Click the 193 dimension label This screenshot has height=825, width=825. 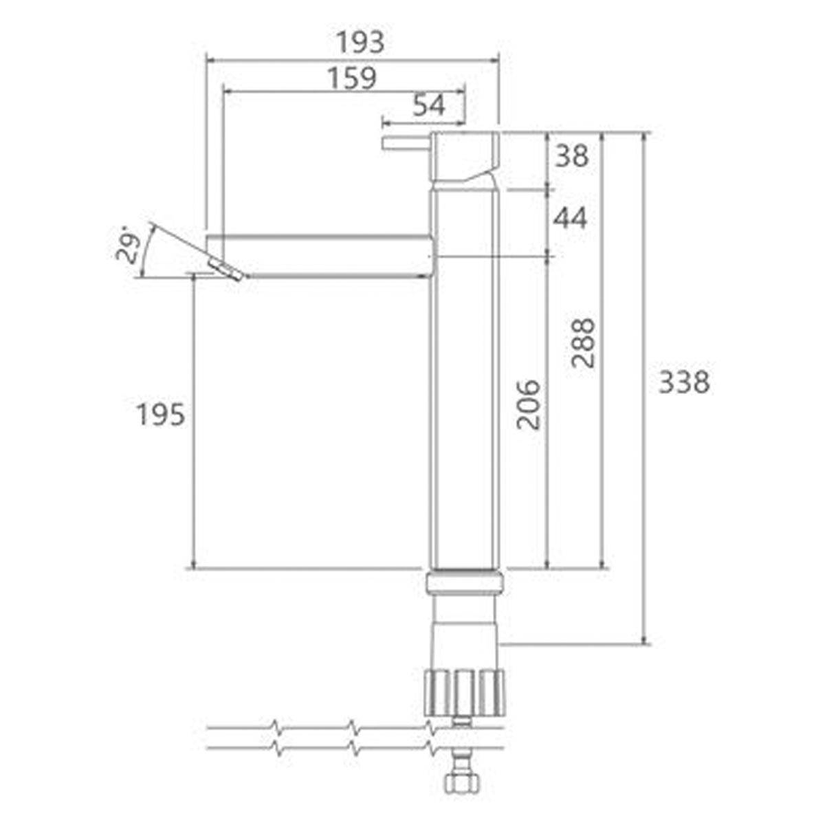[360, 42]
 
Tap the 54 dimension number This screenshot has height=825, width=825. [429, 105]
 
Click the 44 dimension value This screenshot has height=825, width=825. [570, 219]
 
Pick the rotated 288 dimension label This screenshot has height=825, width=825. [583, 342]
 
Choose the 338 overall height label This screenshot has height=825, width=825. [683, 382]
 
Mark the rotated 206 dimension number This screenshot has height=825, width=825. [528, 404]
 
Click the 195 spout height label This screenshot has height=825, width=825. [161, 415]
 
